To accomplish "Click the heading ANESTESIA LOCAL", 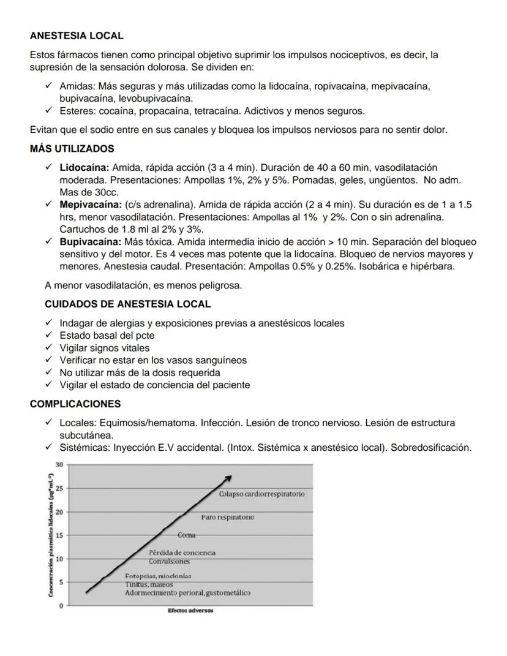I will pyautogui.click(x=77, y=36).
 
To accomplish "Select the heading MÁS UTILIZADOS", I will pyautogui.click(x=72, y=149).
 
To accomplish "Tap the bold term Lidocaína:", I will pyautogui.click(x=84, y=167).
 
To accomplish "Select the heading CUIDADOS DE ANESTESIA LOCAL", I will pyautogui.click(x=127, y=304).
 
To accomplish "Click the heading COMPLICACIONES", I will pyautogui.click(x=75, y=404).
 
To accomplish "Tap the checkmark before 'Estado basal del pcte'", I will pyautogui.click(x=49, y=336).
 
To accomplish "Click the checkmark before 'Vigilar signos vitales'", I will pyautogui.click(x=49, y=348).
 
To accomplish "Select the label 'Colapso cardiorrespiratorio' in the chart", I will pyautogui.click(x=261, y=494).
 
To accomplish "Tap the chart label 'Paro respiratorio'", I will pyautogui.click(x=227, y=518).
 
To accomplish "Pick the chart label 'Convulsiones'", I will pyautogui.click(x=170, y=561).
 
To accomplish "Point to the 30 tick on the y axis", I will pyautogui.click(x=59, y=464).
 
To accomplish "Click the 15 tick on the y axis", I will pyautogui.click(x=59, y=535).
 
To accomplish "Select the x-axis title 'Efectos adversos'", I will pyautogui.click(x=190, y=610).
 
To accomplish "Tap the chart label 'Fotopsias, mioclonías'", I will pyautogui.click(x=158, y=576).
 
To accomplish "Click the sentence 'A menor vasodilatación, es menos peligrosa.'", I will pyautogui.click(x=143, y=285).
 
